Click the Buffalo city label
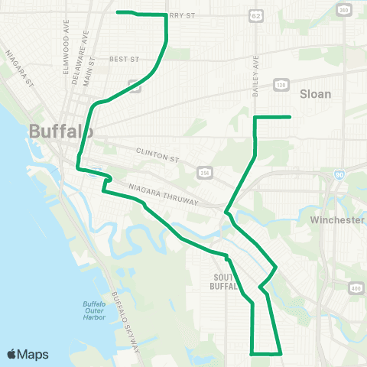[61, 132]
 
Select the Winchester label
[337, 220]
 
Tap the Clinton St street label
[157, 155]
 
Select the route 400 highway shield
[356, 287]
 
